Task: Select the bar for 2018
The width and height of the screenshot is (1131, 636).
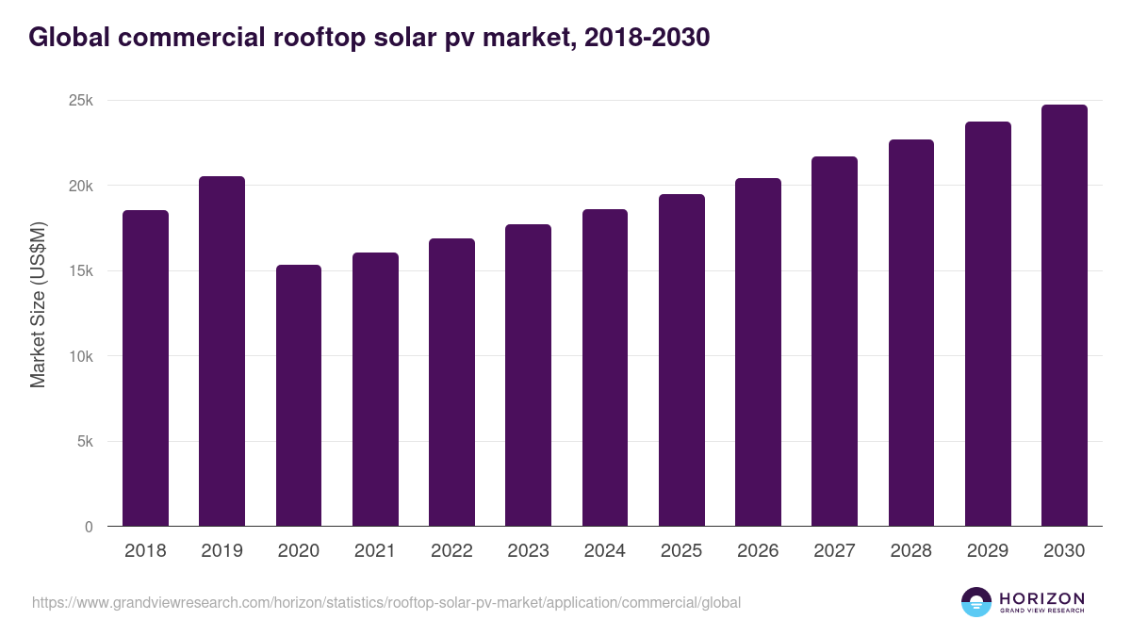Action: coord(145,368)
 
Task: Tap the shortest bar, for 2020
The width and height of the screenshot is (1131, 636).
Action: coord(299,396)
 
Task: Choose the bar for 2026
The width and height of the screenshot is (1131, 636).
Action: coord(758,352)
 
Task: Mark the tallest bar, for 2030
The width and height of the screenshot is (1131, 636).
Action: coord(1064,316)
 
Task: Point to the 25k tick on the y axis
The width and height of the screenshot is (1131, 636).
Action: coord(81,101)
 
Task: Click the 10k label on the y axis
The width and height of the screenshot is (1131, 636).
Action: coord(81,357)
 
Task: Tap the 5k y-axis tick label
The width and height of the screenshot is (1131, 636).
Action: coord(85,442)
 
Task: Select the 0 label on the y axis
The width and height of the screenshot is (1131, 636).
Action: coord(89,528)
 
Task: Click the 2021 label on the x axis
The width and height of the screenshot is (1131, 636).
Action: coord(375,551)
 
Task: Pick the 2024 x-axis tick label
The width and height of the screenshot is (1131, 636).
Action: coord(604,551)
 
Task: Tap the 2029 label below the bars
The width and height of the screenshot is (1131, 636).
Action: coord(988,551)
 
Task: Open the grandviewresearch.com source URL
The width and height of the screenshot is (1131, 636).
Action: coord(386,602)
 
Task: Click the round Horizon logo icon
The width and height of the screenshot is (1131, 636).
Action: coord(975,602)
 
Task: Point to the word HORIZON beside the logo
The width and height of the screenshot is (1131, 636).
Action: coord(1041,598)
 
